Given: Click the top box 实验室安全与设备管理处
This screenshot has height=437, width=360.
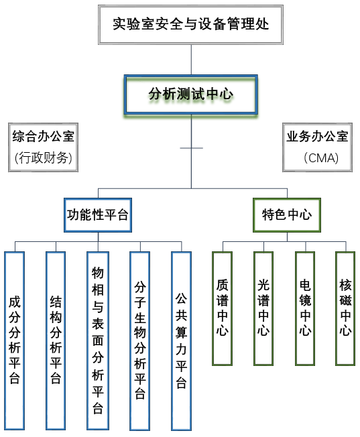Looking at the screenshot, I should (191, 25).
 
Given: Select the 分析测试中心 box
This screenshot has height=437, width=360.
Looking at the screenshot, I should (191, 95).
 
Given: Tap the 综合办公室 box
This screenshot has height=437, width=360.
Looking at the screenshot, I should (43, 137).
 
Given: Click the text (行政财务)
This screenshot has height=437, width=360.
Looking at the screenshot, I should (43, 158).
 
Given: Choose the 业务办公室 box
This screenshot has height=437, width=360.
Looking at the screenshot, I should (317, 137).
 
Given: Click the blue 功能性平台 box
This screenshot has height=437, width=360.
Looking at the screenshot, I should (97, 215).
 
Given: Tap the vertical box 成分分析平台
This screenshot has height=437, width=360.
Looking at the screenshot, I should (14, 340).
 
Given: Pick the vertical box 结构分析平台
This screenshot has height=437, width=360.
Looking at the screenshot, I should (56, 340).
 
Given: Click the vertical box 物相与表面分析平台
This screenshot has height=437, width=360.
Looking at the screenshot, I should (97, 340).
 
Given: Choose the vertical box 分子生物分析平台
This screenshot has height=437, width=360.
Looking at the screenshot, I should (139, 340).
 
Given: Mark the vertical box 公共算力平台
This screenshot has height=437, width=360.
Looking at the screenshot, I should (181, 340).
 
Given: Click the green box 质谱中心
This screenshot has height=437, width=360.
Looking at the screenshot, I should (222, 308).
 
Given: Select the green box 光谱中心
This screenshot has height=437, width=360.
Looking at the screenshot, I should (263, 308).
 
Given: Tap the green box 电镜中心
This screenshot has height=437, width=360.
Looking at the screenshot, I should (305, 308).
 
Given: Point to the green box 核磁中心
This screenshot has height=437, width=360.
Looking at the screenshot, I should (345, 308).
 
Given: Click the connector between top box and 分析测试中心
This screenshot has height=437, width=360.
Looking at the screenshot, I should (191, 59).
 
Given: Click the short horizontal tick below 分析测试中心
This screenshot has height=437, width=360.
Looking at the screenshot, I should (191, 147).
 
